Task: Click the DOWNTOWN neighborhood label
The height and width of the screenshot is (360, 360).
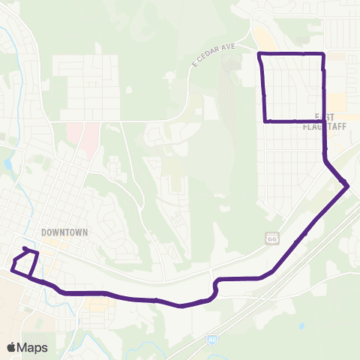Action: [x=66, y=232]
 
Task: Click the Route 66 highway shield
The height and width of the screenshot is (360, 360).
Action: [x=271, y=238]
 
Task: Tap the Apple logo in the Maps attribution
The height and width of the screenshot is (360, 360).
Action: [x=12, y=347]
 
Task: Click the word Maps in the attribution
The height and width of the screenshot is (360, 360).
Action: [x=32, y=347]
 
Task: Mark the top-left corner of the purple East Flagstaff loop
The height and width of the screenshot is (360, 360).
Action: [x=259, y=55]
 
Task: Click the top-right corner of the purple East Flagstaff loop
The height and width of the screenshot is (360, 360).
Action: [x=322, y=54]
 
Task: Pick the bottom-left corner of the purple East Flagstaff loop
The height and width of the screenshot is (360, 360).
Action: [x=265, y=121]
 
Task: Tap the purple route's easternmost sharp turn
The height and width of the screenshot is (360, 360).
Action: [x=348, y=185]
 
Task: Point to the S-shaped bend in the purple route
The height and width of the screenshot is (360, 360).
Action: [x=216, y=285]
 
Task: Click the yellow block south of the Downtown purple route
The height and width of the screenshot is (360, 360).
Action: [x=95, y=305]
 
